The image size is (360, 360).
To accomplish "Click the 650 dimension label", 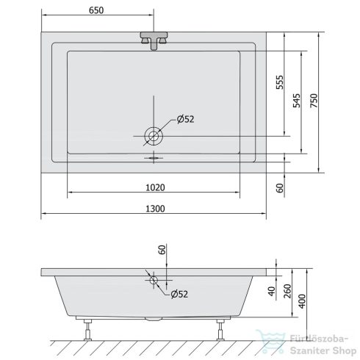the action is tap(96, 10).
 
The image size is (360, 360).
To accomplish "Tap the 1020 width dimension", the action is tap(155, 187).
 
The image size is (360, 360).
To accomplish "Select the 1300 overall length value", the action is tap(155, 209).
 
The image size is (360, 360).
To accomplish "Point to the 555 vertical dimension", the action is tap(280, 82).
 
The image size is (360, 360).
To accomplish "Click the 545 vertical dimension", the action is tap(297, 101).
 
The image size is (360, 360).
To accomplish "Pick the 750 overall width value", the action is tap(314, 101).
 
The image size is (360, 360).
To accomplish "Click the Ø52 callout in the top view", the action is tap(185, 119).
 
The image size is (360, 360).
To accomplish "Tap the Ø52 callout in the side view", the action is tap(179, 294).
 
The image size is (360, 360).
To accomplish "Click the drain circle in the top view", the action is tap(154, 136).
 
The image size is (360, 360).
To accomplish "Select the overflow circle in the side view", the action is tap(154, 280).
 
